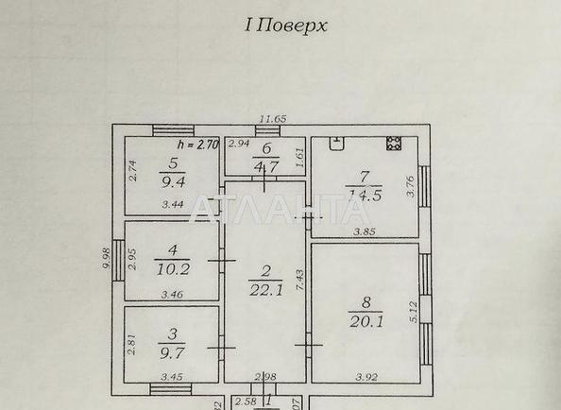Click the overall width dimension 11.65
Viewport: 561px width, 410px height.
[x=273, y=118]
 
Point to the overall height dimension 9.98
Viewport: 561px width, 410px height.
[x=106, y=258]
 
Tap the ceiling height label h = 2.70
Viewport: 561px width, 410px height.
[x=198, y=145]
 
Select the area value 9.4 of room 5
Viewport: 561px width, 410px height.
[x=173, y=183]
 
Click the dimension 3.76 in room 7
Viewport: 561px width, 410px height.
[x=411, y=187]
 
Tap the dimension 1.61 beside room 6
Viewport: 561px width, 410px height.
[x=299, y=162]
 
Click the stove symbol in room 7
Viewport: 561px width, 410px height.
[x=393, y=145]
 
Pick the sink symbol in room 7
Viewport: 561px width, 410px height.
[x=336, y=144]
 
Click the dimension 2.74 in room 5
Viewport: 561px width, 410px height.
[x=133, y=170]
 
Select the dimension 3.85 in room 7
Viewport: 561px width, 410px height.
[x=365, y=231]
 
